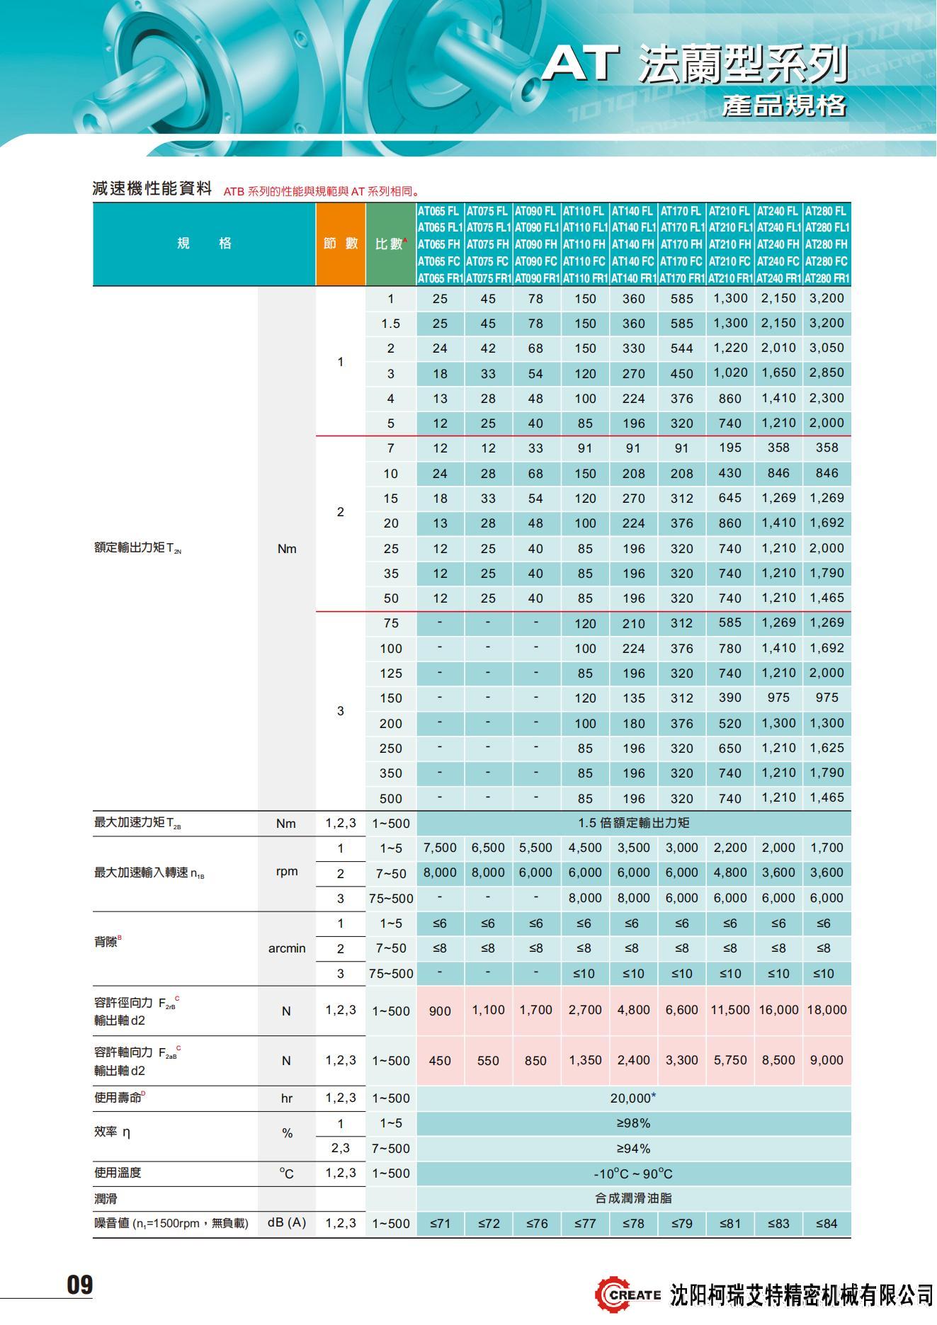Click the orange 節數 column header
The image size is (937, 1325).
coord(341,244)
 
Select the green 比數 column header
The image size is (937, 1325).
coord(390,244)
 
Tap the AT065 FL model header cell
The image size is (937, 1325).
coord(439,211)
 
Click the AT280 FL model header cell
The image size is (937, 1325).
coord(827,211)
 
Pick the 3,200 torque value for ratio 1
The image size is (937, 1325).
coord(827,298)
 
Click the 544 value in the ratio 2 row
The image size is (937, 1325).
coord(681,348)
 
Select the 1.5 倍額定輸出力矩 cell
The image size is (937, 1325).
coord(633,823)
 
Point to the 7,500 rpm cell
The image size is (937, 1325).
coord(440,848)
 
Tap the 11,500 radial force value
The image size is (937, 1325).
coord(729,1010)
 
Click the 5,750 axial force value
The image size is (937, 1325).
coord(729,1060)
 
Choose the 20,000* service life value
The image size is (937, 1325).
coord(633,1098)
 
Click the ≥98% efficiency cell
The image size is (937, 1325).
coord(633,1123)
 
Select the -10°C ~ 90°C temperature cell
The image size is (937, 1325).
coord(633,1173)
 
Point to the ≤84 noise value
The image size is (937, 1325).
coord(827,1223)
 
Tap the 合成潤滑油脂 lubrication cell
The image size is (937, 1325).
coord(633,1198)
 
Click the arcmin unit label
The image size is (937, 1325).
coord(287,948)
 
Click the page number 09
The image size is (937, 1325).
coord(79,1285)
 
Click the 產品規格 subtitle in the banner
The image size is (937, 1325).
coord(784,106)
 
